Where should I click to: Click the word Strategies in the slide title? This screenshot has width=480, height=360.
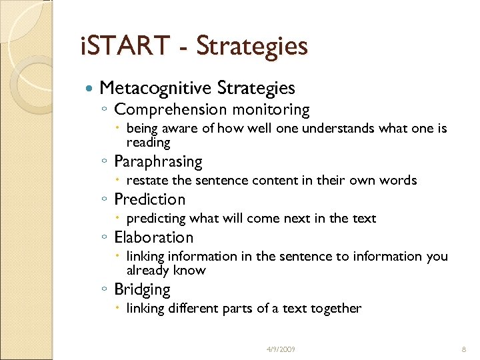pyautogui.click(x=252, y=47)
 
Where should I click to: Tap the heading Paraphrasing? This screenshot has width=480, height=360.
pyautogui.click(x=158, y=161)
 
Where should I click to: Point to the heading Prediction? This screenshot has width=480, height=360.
pyautogui.click(x=150, y=199)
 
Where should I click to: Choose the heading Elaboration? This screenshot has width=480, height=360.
pyautogui.click(x=154, y=237)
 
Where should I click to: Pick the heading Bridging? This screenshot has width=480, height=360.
pyautogui.click(x=143, y=289)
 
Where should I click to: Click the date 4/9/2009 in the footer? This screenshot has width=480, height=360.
pyautogui.click(x=281, y=349)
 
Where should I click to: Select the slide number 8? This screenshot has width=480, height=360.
pyautogui.click(x=462, y=349)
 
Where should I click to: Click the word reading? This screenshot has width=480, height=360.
pyautogui.click(x=148, y=143)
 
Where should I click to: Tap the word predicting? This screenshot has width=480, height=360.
pyautogui.click(x=156, y=219)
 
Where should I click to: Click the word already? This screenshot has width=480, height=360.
pyautogui.click(x=147, y=271)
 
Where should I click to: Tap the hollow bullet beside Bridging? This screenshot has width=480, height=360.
pyautogui.click(x=105, y=290)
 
